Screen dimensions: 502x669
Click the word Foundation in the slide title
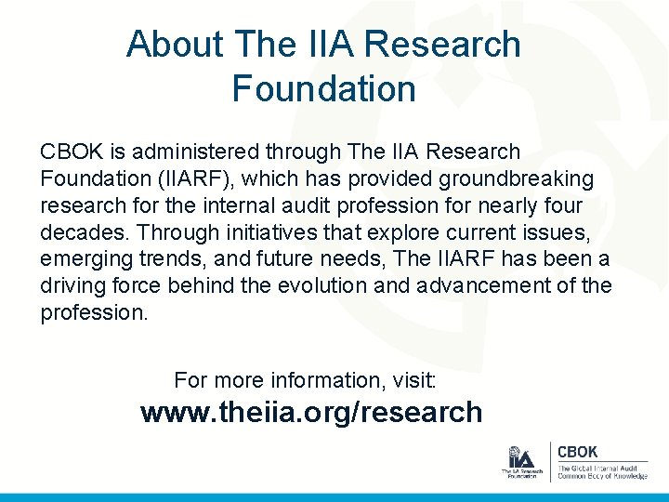(x=323, y=89)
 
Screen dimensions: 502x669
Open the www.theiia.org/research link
(x=311, y=412)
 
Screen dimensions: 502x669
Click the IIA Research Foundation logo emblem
(x=522, y=458)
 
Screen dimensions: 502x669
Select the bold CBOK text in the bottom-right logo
(x=577, y=452)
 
